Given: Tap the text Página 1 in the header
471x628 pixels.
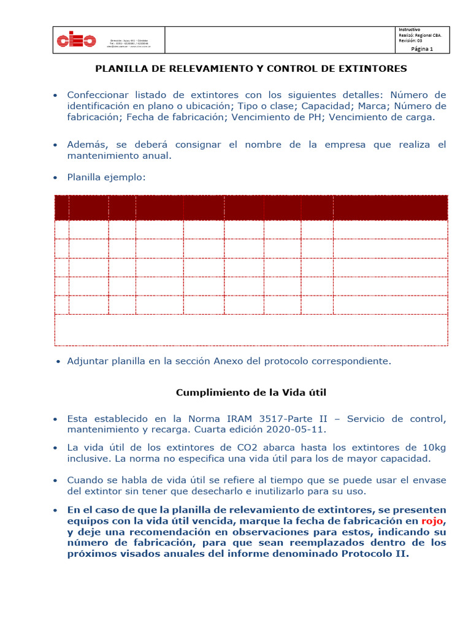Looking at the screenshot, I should tap(422, 50).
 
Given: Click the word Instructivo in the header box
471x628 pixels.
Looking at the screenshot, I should tap(410, 29).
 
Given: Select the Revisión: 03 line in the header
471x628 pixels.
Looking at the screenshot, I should tap(411, 40).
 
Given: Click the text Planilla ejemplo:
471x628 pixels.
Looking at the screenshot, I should tap(107, 177).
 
